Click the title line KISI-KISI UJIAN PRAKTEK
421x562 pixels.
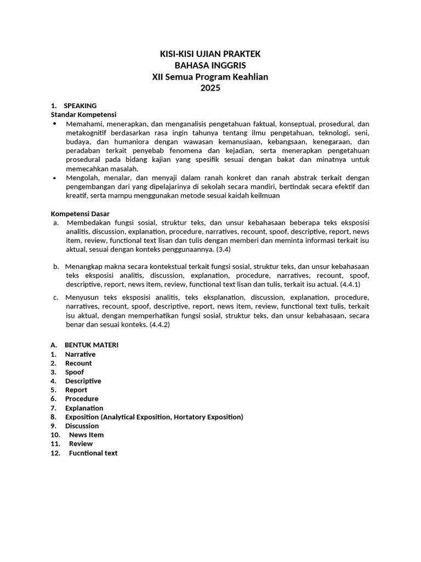[x=210, y=54]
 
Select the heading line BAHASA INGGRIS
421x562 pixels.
[x=210, y=65]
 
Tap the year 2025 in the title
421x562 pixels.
[x=210, y=88]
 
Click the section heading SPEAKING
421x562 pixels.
[x=80, y=105]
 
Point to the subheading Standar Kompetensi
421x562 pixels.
[x=83, y=114]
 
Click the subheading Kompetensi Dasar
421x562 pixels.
[x=81, y=213]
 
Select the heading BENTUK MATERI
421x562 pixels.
[x=92, y=345]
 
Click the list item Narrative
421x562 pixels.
[x=80, y=355]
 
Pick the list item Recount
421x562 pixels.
[x=78, y=363]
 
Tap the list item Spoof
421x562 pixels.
[x=75, y=372]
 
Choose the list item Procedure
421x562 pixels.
[x=82, y=399]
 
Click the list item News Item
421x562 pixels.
[x=86, y=435]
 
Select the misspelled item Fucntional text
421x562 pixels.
[x=93, y=453]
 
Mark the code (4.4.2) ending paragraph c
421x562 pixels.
[x=160, y=324]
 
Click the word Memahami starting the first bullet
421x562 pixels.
[x=84, y=125]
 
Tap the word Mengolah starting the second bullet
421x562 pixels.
[x=82, y=178]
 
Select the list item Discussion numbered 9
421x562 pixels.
[x=82, y=426]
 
